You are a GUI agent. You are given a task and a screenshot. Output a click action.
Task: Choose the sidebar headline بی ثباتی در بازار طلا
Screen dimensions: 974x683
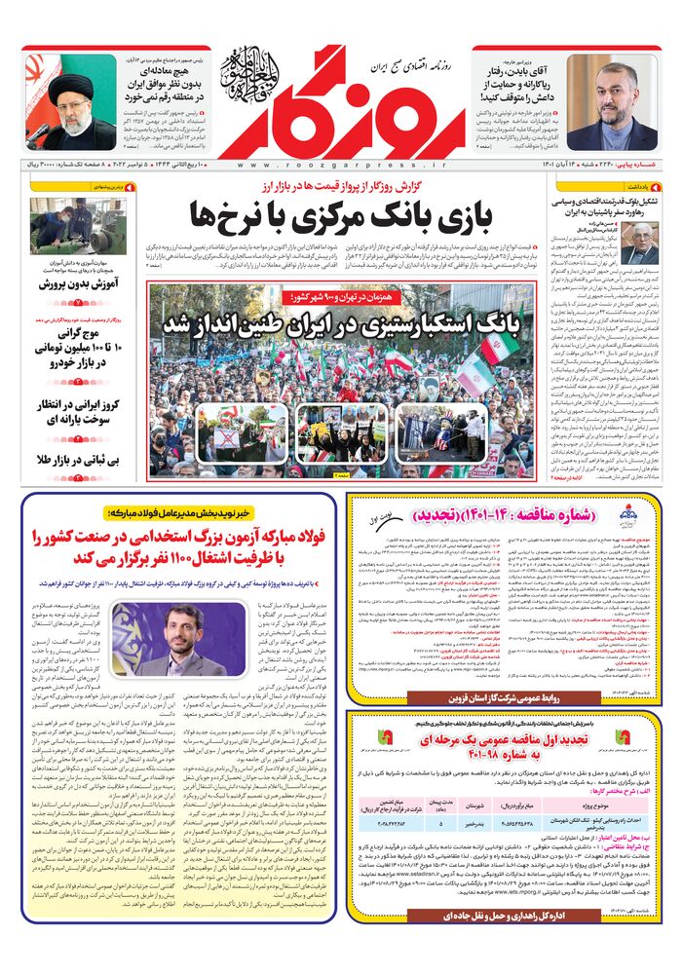(x=78, y=458)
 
